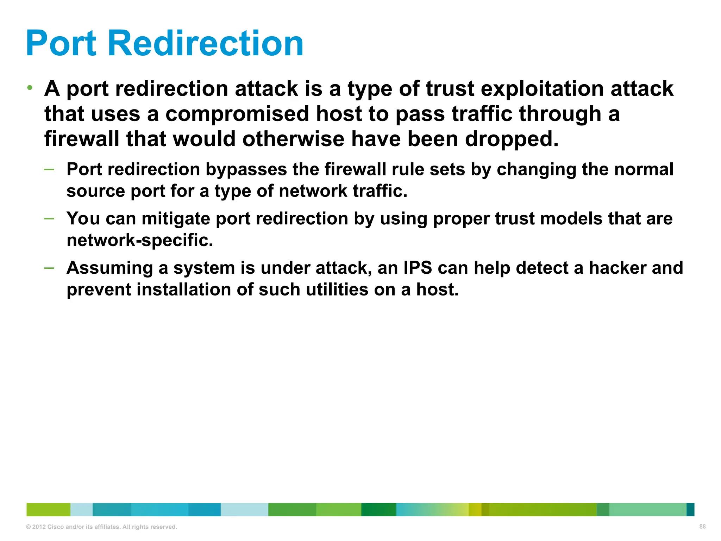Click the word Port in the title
61,44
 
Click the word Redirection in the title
205,44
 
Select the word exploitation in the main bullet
543,89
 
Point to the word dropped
512,139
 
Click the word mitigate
176,219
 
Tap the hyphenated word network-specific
140,241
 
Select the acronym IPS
418,268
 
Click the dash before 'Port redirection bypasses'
49,169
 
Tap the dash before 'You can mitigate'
49,219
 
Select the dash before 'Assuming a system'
49,268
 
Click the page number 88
702,527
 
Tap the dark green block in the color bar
378,510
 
